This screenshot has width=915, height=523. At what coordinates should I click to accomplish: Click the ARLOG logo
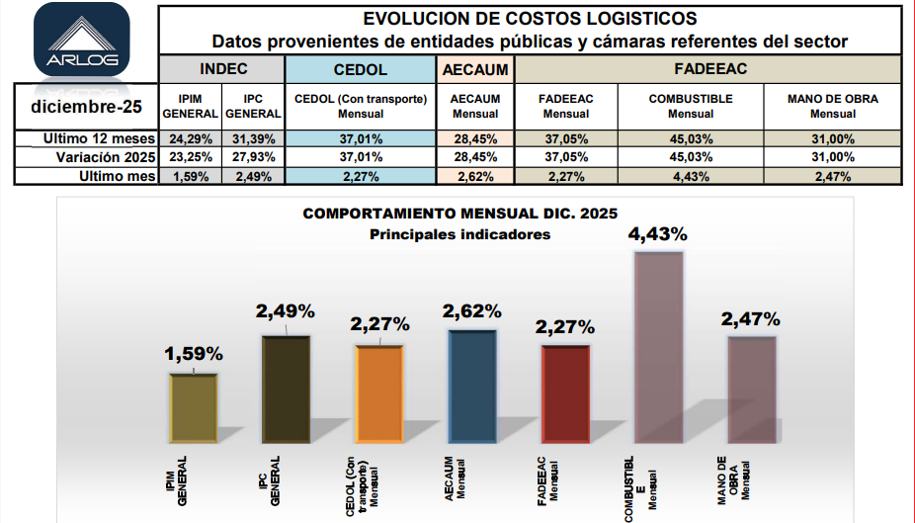81,42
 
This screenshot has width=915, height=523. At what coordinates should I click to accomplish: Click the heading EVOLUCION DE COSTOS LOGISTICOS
530,19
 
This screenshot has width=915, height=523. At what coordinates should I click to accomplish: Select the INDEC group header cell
222,69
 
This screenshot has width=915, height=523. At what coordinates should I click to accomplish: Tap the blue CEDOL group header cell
361,70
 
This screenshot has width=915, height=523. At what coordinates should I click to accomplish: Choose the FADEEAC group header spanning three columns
708,69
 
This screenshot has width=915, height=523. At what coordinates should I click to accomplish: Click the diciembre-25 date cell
87,106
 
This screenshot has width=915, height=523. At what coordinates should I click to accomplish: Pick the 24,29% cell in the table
191,138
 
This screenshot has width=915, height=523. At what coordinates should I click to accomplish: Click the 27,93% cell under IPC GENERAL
253,157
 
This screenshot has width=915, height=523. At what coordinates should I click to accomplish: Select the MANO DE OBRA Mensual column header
832,106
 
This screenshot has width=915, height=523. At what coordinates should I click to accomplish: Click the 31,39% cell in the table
253,138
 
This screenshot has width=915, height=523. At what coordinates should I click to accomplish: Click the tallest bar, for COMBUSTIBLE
659,346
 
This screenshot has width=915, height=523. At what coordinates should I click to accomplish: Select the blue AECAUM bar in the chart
472,386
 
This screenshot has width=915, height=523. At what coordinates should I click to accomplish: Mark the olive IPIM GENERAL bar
195,407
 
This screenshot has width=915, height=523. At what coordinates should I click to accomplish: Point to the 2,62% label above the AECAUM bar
472,311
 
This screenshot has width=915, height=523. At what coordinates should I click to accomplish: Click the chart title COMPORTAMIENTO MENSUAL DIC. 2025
459,214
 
